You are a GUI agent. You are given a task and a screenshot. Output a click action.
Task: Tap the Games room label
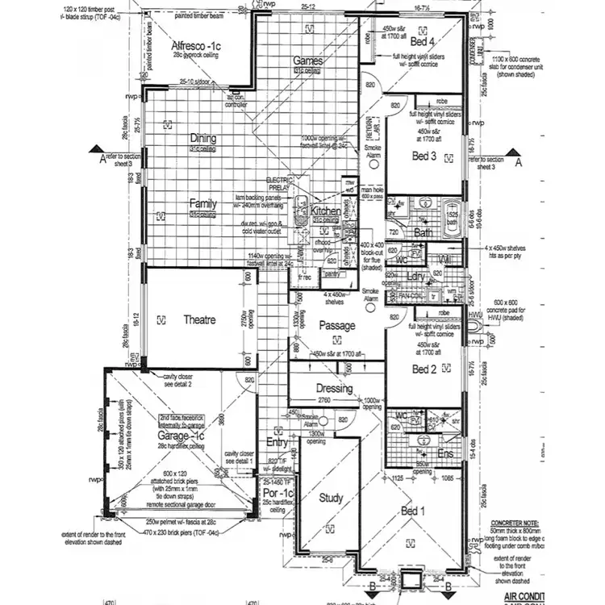click(307, 61)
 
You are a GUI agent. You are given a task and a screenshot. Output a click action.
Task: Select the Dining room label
click(202, 139)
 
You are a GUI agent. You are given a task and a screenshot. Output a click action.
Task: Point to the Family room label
click(202, 203)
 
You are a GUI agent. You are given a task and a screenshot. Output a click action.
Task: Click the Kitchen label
click(326, 211)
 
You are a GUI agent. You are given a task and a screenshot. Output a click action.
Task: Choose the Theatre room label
click(198, 320)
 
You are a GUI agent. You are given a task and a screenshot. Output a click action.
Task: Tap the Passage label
click(336, 326)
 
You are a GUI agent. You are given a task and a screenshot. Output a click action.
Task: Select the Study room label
click(332, 497)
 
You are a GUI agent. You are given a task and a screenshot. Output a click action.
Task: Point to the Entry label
click(277, 442)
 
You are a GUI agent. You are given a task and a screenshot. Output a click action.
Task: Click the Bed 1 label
click(412, 511)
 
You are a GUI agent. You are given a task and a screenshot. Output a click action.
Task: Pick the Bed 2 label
click(424, 369)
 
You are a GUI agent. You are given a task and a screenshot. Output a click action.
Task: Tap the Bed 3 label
click(424, 156)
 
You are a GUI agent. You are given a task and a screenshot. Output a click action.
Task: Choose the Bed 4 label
click(422, 41)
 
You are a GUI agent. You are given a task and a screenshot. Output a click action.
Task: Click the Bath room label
click(423, 232)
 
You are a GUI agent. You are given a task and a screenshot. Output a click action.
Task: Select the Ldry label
click(416, 277)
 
